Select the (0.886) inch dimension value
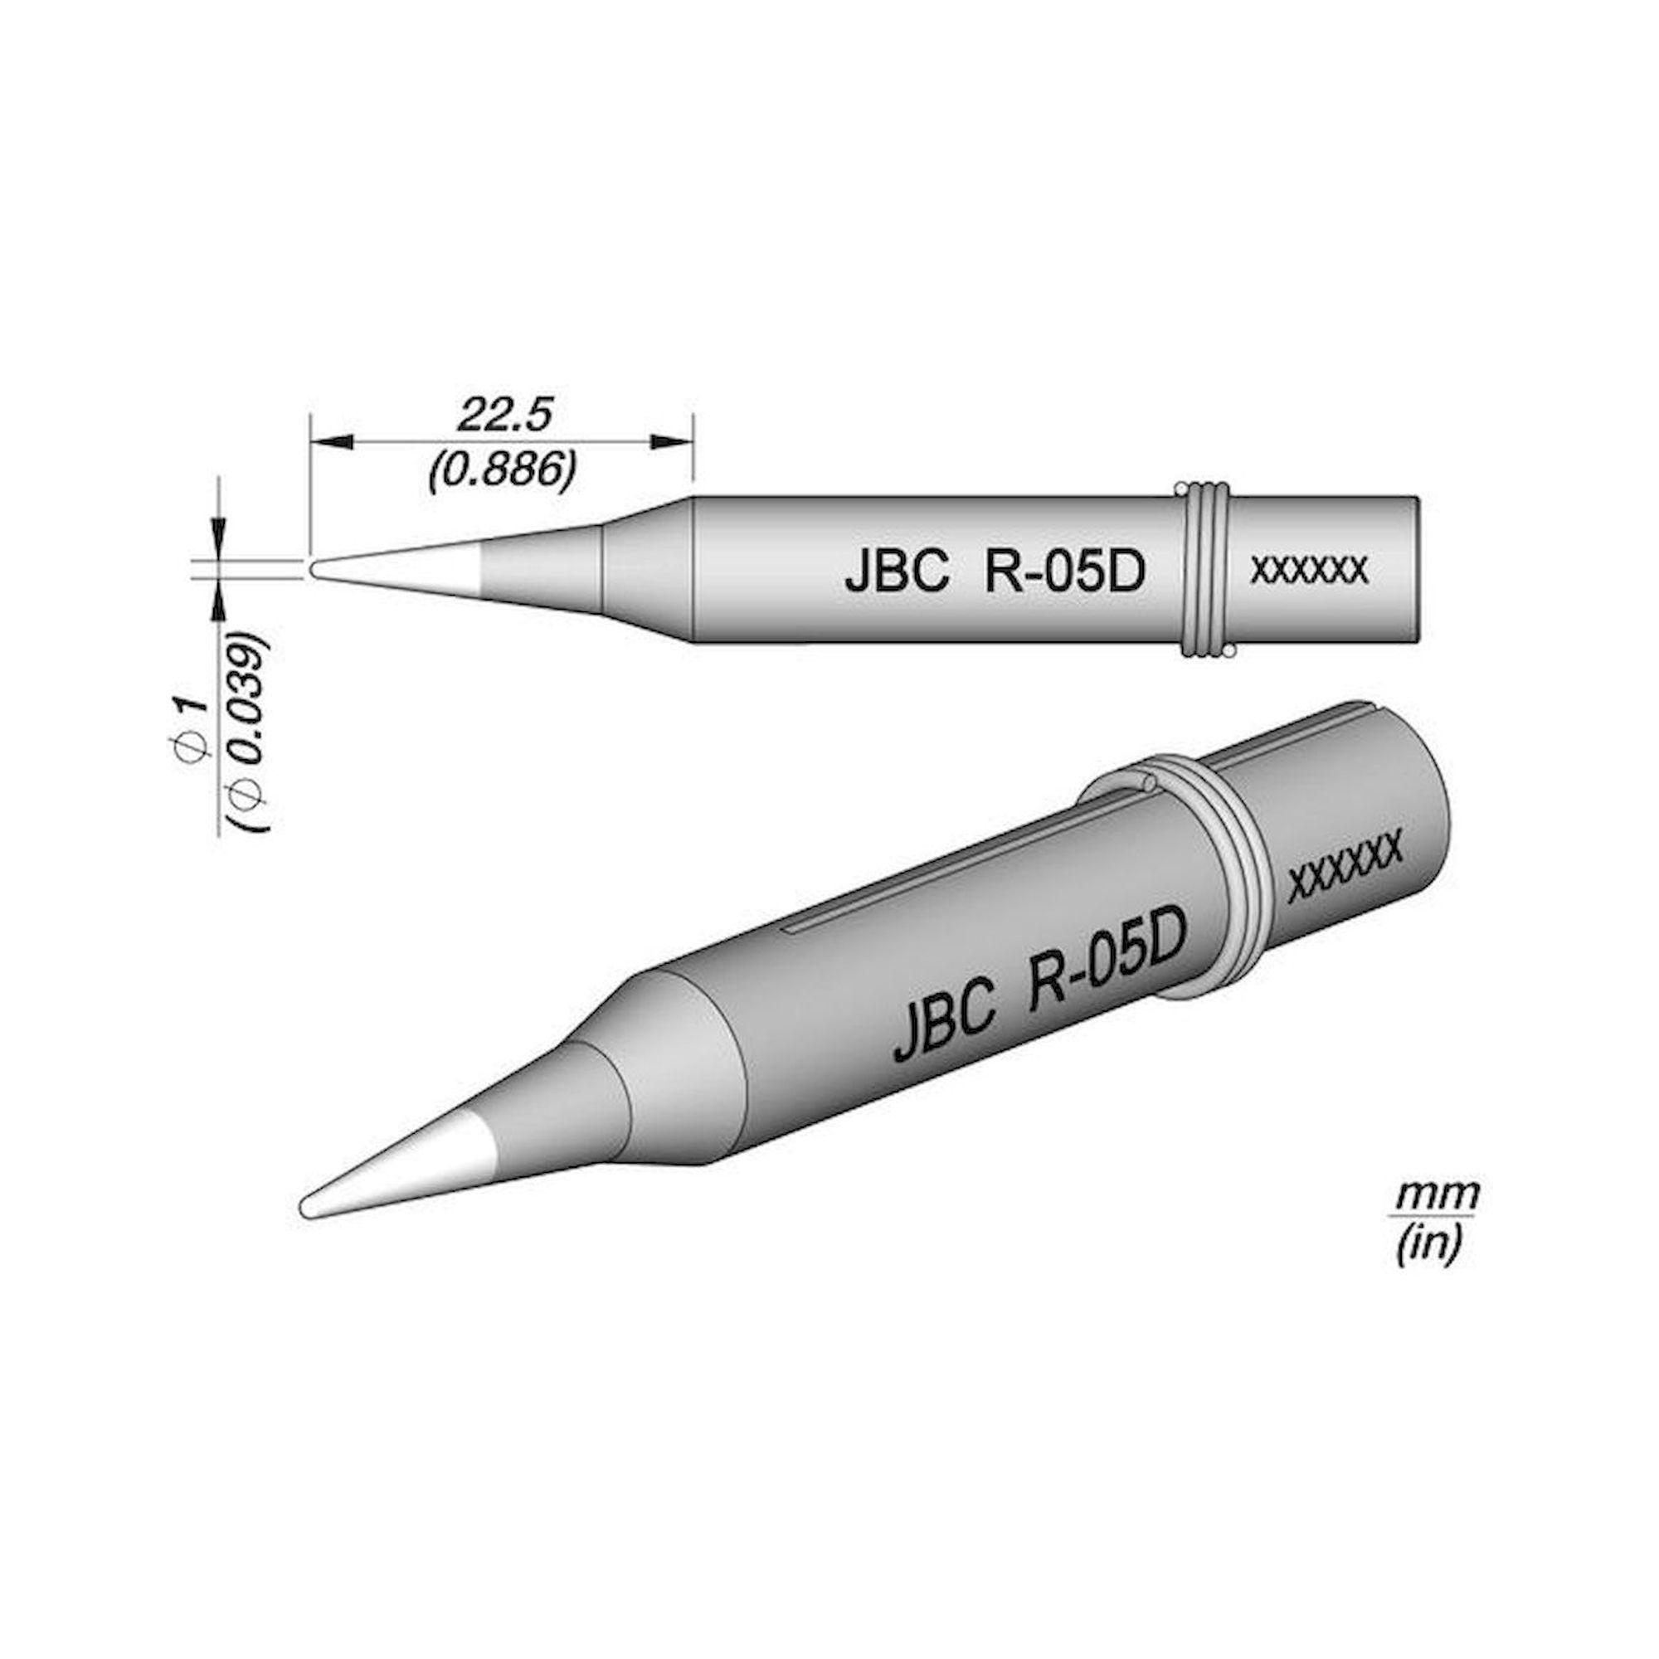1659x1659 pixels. tap(503, 470)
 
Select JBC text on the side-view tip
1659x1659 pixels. tap(896, 572)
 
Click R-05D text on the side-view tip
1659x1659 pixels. tap(1065, 572)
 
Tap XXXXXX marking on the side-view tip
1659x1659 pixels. tap(1310, 569)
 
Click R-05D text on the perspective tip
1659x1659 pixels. tap(1112, 955)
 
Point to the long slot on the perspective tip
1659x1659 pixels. tap(987, 859)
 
